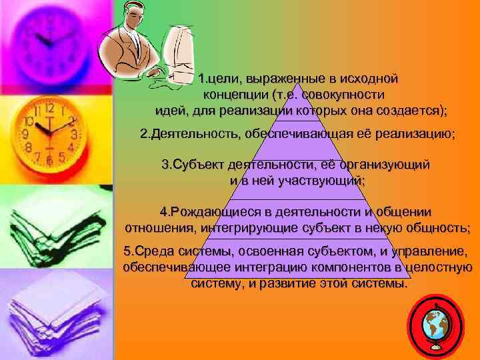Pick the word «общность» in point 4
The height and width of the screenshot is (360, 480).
(x=436, y=228)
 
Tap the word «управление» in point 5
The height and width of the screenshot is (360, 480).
(x=433, y=251)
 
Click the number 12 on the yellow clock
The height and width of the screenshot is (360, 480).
(x=49, y=107)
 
